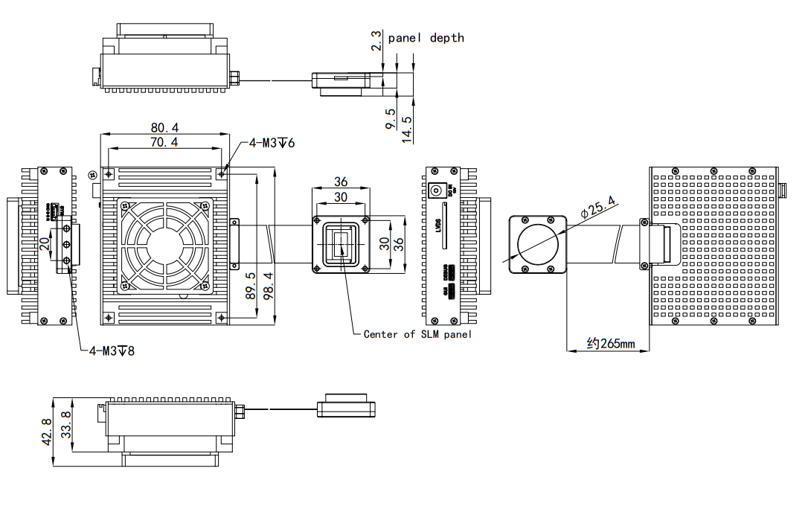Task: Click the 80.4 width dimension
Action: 165,127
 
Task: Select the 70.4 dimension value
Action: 165,141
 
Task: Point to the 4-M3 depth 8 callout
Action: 112,350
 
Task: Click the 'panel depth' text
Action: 426,37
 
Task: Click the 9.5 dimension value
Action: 390,119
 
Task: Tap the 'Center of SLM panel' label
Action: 417,334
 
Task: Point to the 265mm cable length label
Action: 610,344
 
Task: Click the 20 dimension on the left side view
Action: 45,243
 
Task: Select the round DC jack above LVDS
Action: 437,190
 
